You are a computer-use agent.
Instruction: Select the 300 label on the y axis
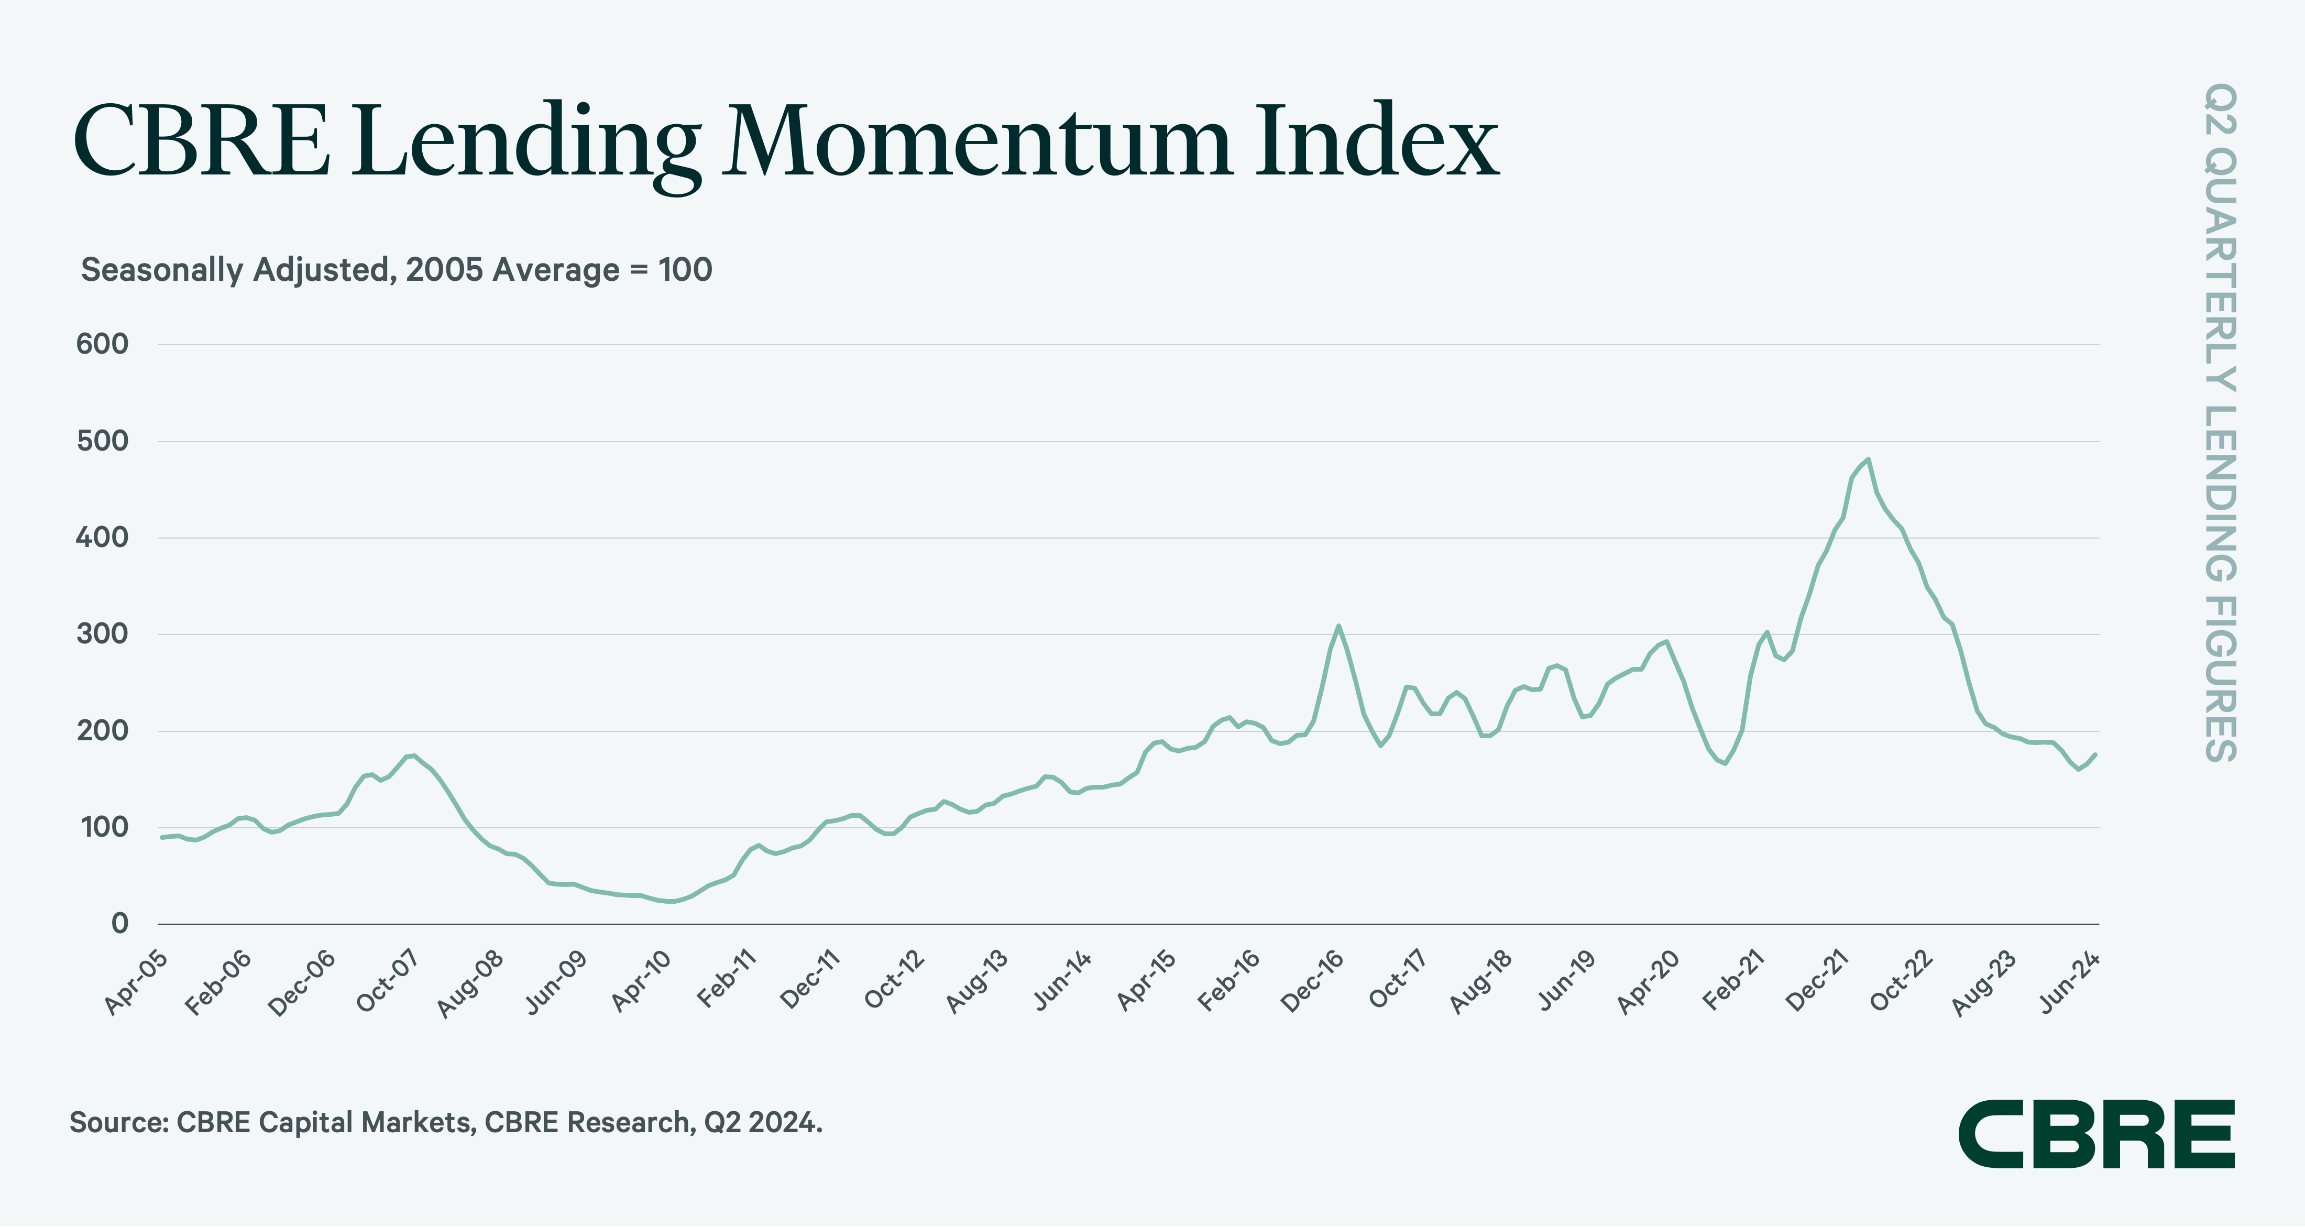tap(103, 633)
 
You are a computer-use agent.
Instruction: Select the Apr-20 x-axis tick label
tap(1648, 982)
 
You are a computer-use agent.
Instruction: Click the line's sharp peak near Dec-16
tap(1338, 626)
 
